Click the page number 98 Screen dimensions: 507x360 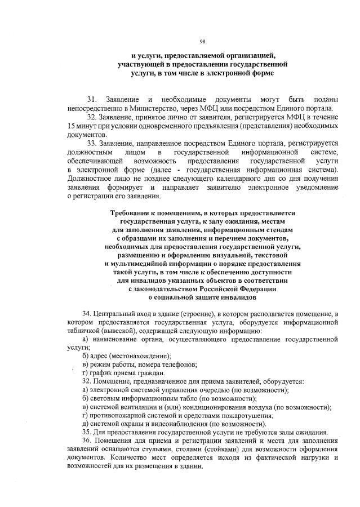[x=203, y=41]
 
